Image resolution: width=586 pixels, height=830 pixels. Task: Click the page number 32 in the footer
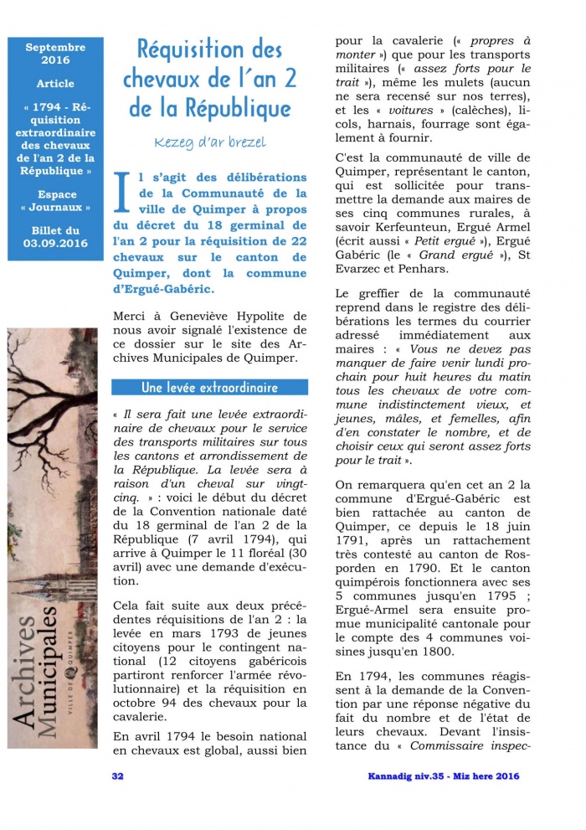[x=118, y=776]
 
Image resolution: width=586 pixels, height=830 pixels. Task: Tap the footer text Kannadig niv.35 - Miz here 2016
[x=444, y=776]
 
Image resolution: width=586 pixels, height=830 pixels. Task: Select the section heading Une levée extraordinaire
[x=210, y=388]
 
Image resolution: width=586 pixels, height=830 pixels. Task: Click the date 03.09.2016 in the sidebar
[x=55, y=243]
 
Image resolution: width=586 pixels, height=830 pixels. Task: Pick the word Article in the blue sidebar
[x=55, y=84]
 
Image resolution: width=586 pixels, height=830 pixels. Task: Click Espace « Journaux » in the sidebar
[x=55, y=200]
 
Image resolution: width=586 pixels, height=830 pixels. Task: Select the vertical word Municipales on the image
[x=61, y=662]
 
